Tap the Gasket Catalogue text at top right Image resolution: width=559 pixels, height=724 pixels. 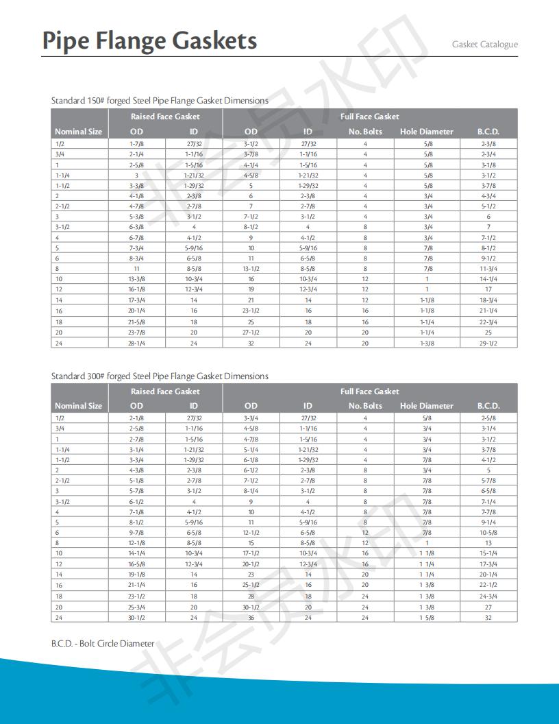point(484,45)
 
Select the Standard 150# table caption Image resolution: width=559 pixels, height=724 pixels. point(160,101)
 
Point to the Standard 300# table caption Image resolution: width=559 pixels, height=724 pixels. point(160,376)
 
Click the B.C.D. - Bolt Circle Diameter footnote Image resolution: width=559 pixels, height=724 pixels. point(103,644)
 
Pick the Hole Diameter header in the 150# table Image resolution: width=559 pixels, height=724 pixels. point(426,132)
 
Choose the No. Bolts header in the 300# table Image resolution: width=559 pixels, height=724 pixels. point(364,406)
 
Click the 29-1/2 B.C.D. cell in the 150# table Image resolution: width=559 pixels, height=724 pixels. point(488,343)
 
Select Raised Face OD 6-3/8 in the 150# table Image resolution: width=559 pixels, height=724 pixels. point(136,227)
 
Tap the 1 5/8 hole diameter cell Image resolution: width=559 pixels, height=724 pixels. point(427,618)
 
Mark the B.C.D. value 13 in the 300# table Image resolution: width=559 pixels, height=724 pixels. point(488,543)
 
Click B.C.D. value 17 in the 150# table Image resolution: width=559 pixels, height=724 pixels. point(488,289)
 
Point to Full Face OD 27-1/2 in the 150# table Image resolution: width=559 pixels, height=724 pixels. point(251,332)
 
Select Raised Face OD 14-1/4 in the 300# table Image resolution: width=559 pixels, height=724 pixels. point(136,553)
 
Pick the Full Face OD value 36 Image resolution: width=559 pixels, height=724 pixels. point(251,618)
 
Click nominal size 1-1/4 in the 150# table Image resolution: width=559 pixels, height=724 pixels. point(62,175)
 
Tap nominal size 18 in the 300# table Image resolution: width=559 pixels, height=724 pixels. point(59,596)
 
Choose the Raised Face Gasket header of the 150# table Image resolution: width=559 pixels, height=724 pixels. point(165,117)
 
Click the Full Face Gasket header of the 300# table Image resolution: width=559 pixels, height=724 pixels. point(369,391)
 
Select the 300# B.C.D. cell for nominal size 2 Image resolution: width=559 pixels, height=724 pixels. point(488,470)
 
